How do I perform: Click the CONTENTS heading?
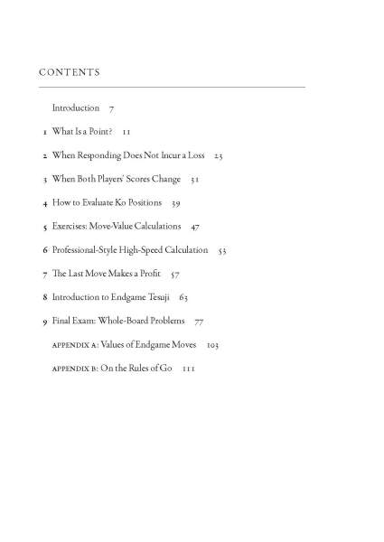(x=70, y=71)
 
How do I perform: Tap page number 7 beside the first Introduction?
(x=110, y=108)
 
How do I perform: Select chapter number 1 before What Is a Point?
(x=44, y=132)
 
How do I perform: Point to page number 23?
(x=218, y=156)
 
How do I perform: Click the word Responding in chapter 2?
(x=99, y=155)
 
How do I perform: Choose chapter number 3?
(x=44, y=179)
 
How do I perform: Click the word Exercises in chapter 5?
(x=70, y=226)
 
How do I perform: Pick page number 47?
(x=195, y=227)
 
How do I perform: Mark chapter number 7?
(x=44, y=273)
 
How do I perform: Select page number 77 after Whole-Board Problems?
(x=199, y=321)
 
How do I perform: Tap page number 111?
(x=188, y=369)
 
